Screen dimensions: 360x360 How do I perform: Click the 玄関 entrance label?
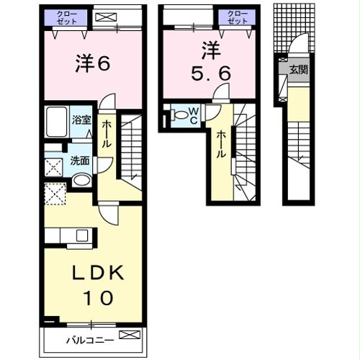(297, 69)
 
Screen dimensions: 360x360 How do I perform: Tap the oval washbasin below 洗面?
(81, 179)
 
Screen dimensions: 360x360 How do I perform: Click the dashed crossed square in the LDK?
(55, 194)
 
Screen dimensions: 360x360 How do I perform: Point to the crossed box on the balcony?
(127, 335)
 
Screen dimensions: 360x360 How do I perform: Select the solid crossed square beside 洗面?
(53, 167)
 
